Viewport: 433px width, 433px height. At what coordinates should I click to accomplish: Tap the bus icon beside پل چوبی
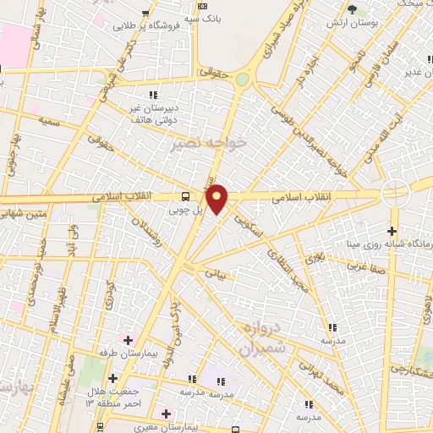coord(186,196)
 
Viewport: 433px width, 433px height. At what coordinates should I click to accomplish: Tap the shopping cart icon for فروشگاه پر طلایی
coord(149,13)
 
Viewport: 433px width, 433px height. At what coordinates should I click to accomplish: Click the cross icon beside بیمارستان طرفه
coord(128,340)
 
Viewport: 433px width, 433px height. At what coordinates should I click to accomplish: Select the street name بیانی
coord(217,274)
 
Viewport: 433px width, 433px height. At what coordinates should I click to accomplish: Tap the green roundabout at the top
coord(243,79)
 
